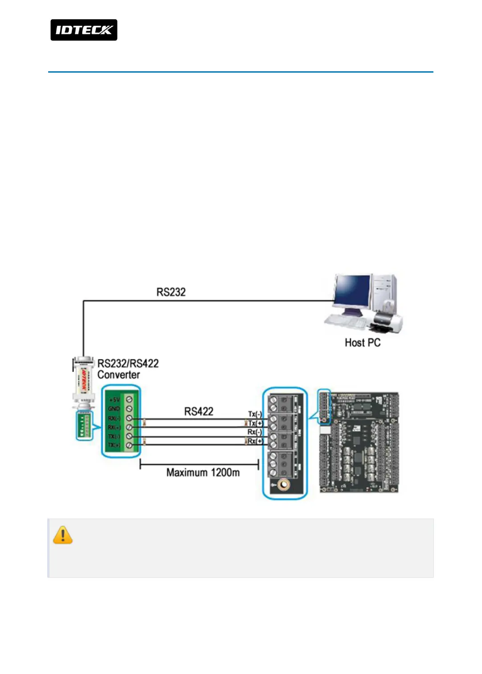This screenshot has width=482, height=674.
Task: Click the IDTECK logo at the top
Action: pos(84,30)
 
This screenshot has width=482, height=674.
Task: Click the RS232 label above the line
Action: pos(171,292)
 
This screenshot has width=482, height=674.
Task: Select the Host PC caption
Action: pos(363,343)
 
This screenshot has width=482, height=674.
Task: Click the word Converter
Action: pos(119,375)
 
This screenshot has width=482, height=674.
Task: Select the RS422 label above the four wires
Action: pos(199,411)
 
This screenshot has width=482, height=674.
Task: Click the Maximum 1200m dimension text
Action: pos(203,472)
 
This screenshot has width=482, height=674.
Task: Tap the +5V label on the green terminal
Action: pos(114,400)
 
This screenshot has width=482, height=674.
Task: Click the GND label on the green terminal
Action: pos(114,409)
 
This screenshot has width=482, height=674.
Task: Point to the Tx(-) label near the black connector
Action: pos(255,414)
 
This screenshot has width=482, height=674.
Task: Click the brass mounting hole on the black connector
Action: pos(283,485)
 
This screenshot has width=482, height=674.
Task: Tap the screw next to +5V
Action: pos(129,400)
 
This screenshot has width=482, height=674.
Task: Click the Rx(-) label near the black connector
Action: pos(255,432)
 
